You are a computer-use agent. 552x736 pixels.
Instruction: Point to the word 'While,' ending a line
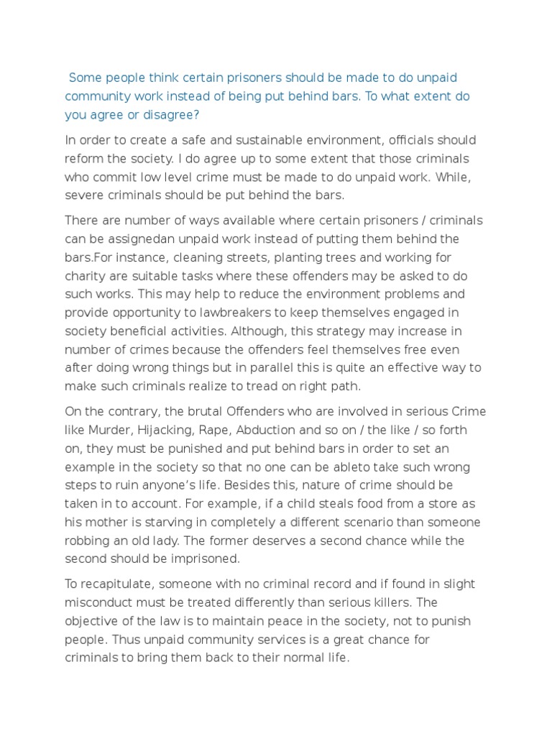[456, 177]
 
